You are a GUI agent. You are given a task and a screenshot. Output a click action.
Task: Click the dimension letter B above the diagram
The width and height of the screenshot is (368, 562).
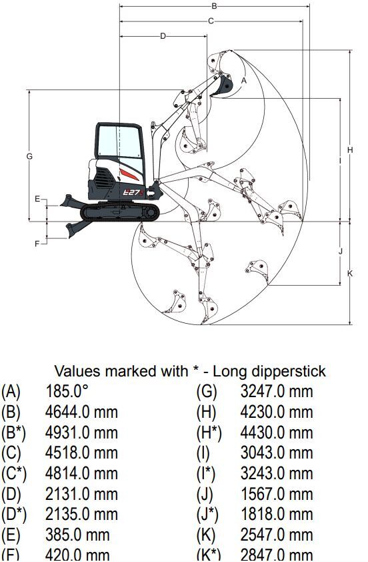tap(214, 6)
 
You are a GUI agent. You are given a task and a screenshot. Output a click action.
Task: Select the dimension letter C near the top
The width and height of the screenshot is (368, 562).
tap(211, 21)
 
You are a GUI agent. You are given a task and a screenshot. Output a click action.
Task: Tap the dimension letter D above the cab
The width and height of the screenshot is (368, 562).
tap(163, 36)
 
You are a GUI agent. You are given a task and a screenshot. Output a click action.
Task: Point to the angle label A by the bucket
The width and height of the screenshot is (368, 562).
tap(244, 81)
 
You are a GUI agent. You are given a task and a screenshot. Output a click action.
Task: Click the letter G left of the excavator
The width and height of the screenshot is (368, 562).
tap(29, 156)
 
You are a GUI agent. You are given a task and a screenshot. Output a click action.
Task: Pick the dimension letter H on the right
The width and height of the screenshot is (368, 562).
tap(350, 150)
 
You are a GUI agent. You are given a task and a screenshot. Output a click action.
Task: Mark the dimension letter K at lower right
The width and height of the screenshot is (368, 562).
tap(350, 274)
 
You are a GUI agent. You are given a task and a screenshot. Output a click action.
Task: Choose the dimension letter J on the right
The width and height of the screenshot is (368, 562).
tap(340, 251)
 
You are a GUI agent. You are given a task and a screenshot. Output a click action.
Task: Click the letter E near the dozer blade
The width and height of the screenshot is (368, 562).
tap(37, 199)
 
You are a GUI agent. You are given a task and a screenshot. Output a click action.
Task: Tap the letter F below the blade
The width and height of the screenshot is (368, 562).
tap(37, 244)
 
